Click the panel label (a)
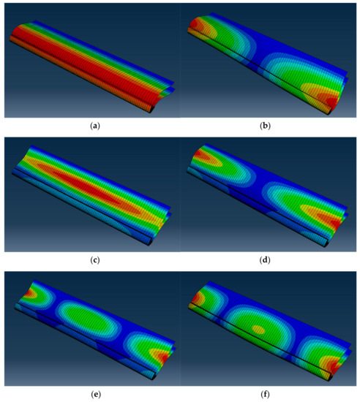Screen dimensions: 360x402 point(95,126)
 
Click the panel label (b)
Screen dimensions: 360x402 point(265,126)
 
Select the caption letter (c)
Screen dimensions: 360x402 point(95,260)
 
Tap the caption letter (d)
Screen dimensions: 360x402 point(265,260)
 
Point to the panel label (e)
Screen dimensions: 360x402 point(96,394)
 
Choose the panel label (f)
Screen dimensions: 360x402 point(265,394)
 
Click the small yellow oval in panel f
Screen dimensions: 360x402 point(258,330)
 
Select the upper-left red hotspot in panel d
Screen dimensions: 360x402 point(199,155)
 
